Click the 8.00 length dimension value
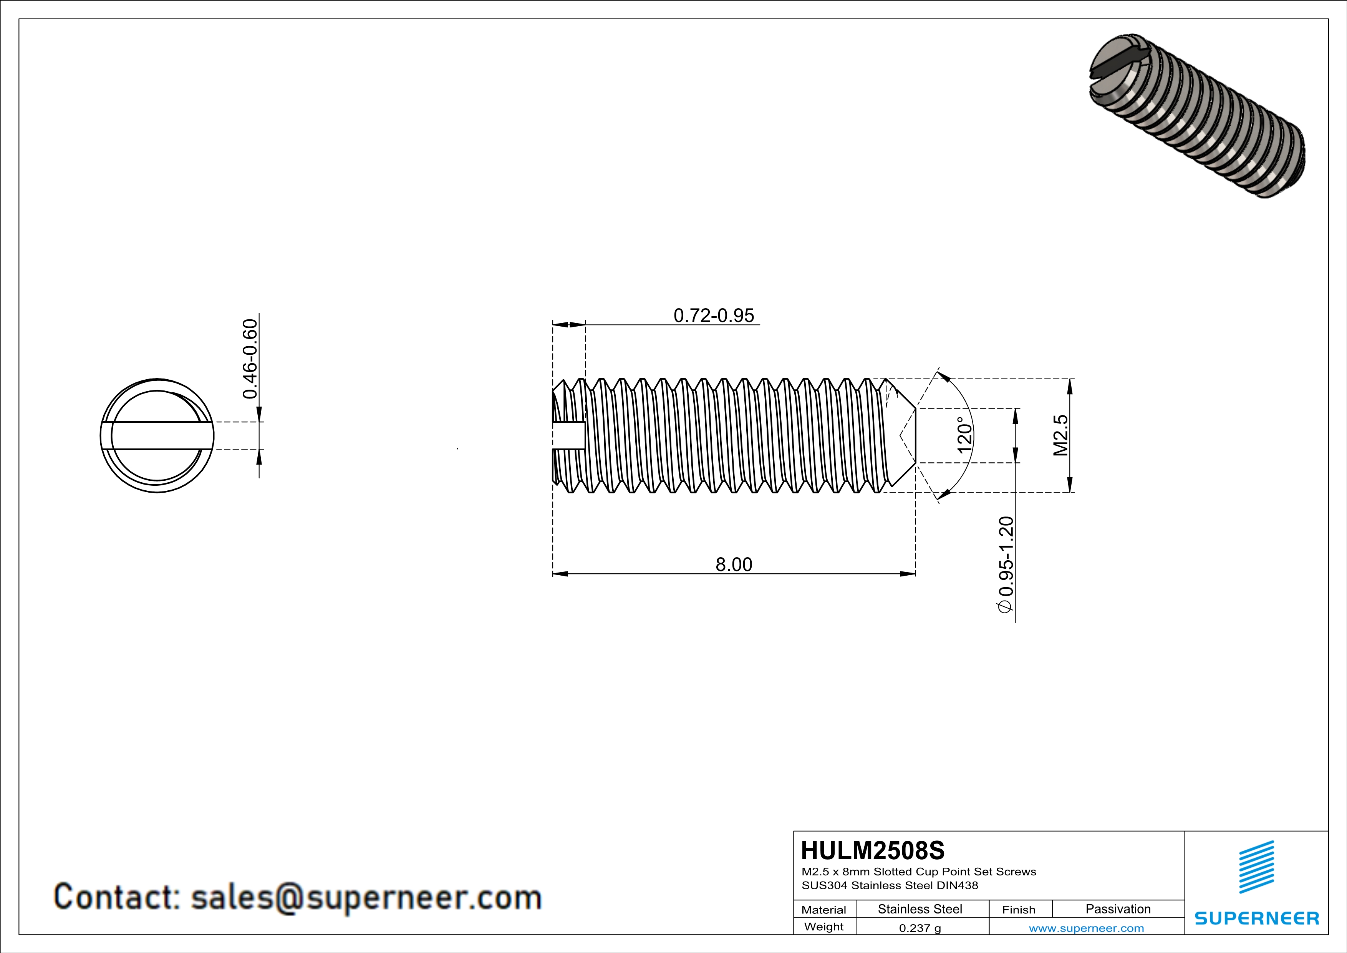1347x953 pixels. tap(733, 564)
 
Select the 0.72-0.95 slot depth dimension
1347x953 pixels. tap(713, 316)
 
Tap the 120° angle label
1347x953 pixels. tap(964, 435)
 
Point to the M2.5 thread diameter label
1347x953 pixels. tap(1061, 435)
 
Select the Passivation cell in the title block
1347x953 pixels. tap(1118, 909)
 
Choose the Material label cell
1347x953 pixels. tap(824, 910)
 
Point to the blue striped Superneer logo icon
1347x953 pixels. tap(1256, 867)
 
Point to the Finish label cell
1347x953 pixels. tap(1019, 910)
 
